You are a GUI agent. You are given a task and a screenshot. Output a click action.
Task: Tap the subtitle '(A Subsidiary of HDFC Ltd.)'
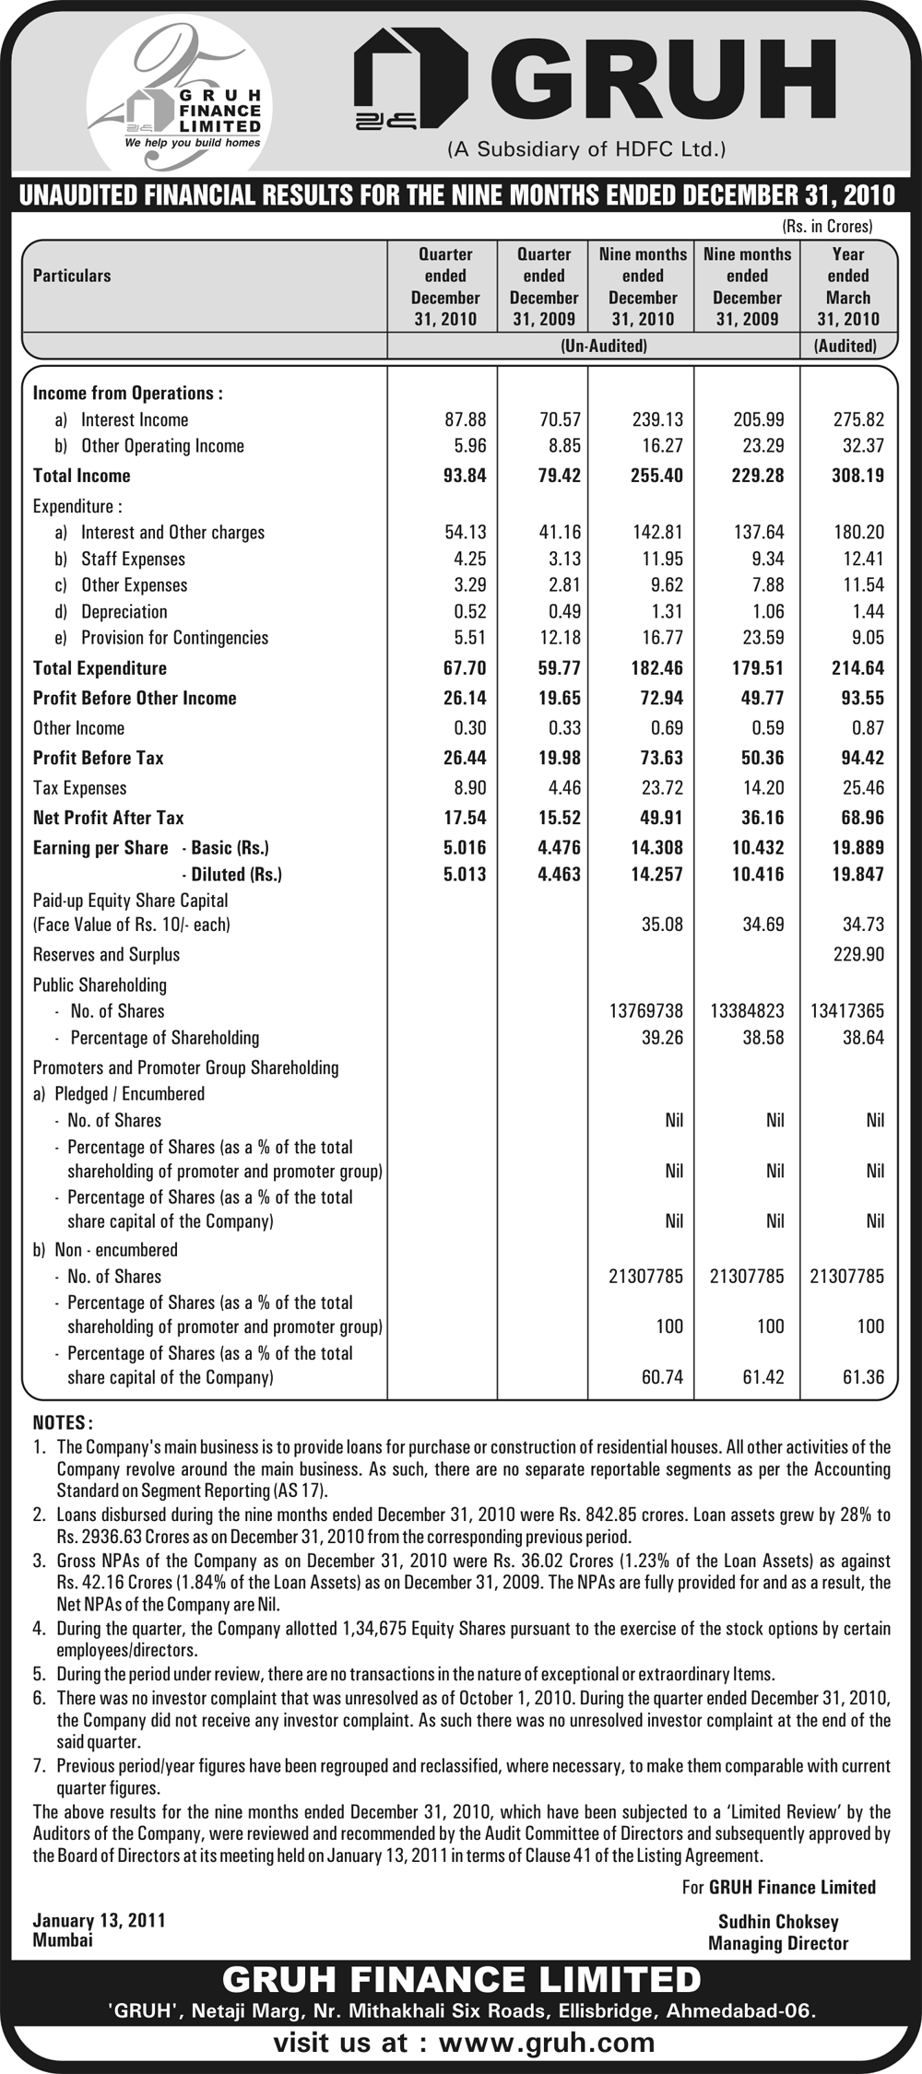pyautogui.click(x=586, y=148)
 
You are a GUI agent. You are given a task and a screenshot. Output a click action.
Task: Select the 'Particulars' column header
pyautogui.click(x=72, y=276)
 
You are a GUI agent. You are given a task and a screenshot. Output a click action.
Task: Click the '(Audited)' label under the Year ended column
pyautogui.click(x=845, y=346)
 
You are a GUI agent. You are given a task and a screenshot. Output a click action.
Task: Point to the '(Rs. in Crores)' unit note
pyautogui.click(x=827, y=225)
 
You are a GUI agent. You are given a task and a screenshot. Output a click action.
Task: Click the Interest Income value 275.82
pyautogui.click(x=858, y=419)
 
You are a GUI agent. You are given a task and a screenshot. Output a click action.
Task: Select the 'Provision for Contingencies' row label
pyautogui.click(x=174, y=638)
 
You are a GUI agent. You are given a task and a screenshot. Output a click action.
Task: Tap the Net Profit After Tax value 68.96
pyautogui.click(x=857, y=818)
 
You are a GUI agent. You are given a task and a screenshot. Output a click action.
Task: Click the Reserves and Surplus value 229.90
pyautogui.click(x=858, y=954)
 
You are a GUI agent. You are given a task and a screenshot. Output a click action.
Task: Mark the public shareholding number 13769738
pyautogui.click(x=646, y=1011)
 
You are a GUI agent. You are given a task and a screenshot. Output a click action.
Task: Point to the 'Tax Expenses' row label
pyautogui.click(x=79, y=788)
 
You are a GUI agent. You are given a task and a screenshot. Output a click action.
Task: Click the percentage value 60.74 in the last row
pyautogui.click(x=662, y=1377)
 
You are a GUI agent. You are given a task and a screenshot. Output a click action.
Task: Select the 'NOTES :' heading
pyautogui.click(x=63, y=1423)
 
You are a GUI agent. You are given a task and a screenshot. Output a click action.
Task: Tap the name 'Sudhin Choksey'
pyautogui.click(x=778, y=1922)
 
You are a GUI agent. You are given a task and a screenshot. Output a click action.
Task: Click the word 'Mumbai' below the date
pyautogui.click(x=63, y=1939)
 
